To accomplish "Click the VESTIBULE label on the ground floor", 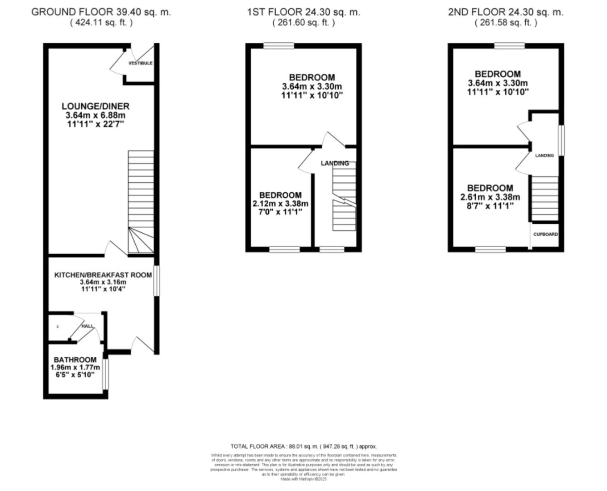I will click(x=140, y=63).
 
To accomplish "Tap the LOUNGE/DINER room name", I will click(x=95, y=106).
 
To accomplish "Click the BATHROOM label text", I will click(x=75, y=360).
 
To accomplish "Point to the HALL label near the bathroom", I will click(x=88, y=326).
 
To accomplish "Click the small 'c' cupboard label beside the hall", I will click(x=58, y=326).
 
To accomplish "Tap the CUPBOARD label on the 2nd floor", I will click(x=545, y=234).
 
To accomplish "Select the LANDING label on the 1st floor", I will click(x=335, y=163).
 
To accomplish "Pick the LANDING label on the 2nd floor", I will click(x=544, y=155).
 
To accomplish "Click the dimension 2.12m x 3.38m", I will click(x=280, y=203).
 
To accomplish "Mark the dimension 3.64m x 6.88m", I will click(x=95, y=115).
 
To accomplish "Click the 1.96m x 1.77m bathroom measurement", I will click(x=75, y=367).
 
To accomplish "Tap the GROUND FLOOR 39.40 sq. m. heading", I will click(x=101, y=12).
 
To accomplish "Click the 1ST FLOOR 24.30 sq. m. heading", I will click(x=303, y=12).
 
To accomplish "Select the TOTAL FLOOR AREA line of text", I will click(x=303, y=446).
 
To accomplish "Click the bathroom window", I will click(x=106, y=374).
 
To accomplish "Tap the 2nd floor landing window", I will click(x=562, y=140).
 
